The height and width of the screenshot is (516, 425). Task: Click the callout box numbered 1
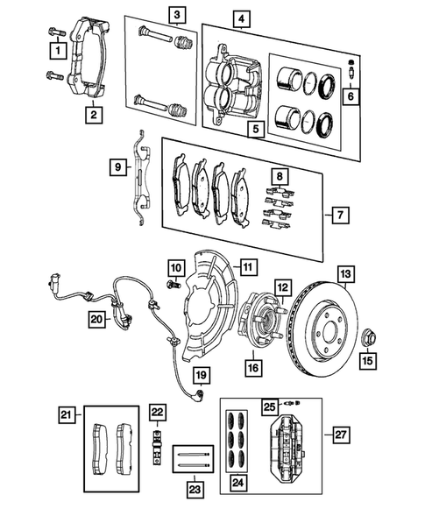tap(57, 53)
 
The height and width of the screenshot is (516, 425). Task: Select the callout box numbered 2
tap(91, 112)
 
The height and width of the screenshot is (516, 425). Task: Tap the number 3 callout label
tap(178, 14)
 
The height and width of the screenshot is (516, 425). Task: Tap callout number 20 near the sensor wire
tap(97, 321)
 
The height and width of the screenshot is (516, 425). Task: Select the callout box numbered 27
tap(339, 435)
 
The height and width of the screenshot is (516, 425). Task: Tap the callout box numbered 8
tap(279, 178)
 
